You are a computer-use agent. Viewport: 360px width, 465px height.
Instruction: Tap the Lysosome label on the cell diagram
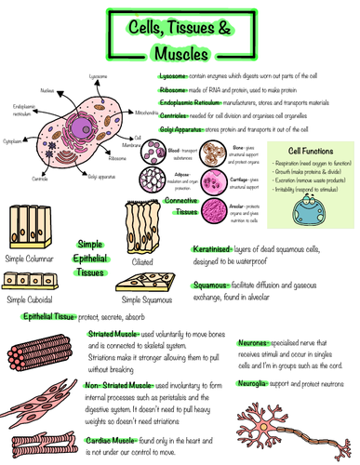click(x=98, y=75)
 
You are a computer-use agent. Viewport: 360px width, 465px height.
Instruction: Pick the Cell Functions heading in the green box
click(x=306, y=151)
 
